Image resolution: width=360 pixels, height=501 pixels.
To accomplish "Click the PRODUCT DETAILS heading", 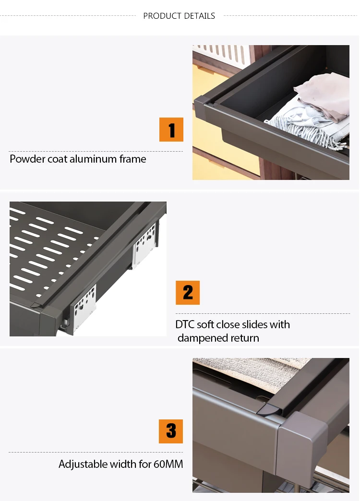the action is (179, 16).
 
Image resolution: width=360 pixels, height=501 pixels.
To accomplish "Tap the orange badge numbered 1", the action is (171, 130).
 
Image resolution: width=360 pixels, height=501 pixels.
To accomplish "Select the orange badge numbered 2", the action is (188, 293).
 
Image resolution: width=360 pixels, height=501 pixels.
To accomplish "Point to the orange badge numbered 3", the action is (171, 431).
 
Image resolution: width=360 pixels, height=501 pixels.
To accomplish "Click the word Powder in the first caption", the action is (27, 159).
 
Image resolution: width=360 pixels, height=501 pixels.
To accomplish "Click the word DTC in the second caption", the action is (185, 324).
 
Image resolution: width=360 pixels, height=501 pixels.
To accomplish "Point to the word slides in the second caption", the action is (255, 324).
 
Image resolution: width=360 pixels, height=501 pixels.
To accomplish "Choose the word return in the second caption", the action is (243, 338).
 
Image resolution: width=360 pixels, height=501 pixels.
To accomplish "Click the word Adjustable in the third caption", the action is (83, 464).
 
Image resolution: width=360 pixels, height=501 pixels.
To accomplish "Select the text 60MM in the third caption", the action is (168, 464).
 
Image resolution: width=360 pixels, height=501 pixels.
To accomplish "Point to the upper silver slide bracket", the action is (145, 245).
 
